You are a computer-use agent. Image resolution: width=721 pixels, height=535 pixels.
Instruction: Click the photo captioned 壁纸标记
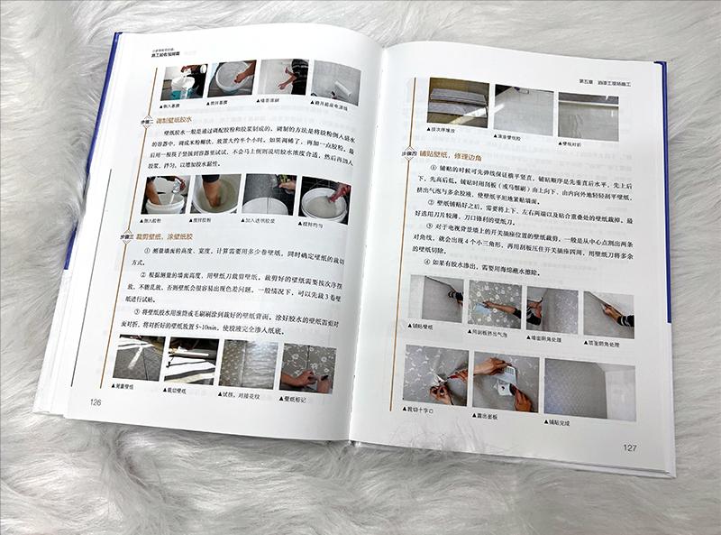pos(306,365)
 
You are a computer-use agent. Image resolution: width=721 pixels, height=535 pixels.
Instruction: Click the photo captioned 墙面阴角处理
pos(551,305)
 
